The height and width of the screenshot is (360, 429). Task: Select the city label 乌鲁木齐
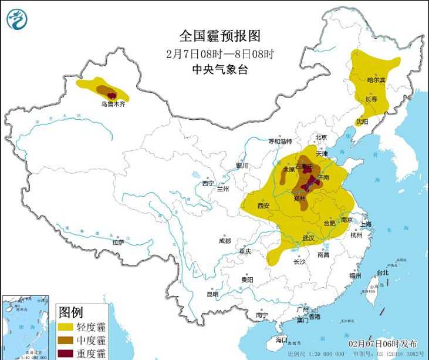[x=112, y=104]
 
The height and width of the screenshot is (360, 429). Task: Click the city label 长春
[x=371, y=99]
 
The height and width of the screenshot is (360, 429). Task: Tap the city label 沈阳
[x=362, y=122]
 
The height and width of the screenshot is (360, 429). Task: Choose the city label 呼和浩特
[x=280, y=142]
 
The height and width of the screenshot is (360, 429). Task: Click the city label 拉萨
[x=118, y=242]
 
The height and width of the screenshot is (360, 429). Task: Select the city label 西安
[x=263, y=206]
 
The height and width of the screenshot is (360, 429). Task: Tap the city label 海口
[x=282, y=340]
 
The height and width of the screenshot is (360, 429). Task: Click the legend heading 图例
[x=70, y=311]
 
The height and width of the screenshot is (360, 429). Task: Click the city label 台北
[x=383, y=273]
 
